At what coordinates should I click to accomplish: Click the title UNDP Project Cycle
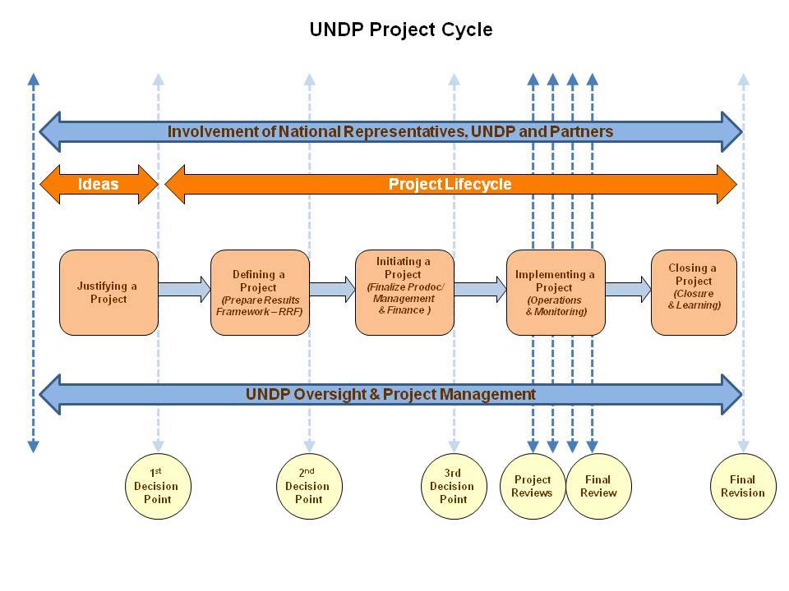pos(400,30)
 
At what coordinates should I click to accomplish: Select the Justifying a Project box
pos(108,292)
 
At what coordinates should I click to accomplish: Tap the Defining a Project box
pos(259,292)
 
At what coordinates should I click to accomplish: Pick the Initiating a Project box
pos(404,292)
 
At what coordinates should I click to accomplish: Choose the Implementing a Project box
pos(555,292)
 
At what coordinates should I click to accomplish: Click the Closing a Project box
pos(694,292)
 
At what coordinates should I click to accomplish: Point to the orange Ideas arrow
pos(99,184)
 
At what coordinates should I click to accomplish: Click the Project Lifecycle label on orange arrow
pos(450,184)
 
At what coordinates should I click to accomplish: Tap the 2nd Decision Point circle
pos(308,486)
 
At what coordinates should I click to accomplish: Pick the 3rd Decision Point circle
pos(453,486)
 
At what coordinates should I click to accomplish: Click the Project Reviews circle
pos(533,486)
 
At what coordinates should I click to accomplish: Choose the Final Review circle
pos(598,486)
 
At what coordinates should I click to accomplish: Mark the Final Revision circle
pos(742,486)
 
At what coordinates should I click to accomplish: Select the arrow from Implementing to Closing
pos(628,289)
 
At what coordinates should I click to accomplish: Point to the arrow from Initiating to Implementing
pos(480,289)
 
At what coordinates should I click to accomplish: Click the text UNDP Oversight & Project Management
pos(390,394)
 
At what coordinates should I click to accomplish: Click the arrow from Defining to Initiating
pos(332,289)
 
